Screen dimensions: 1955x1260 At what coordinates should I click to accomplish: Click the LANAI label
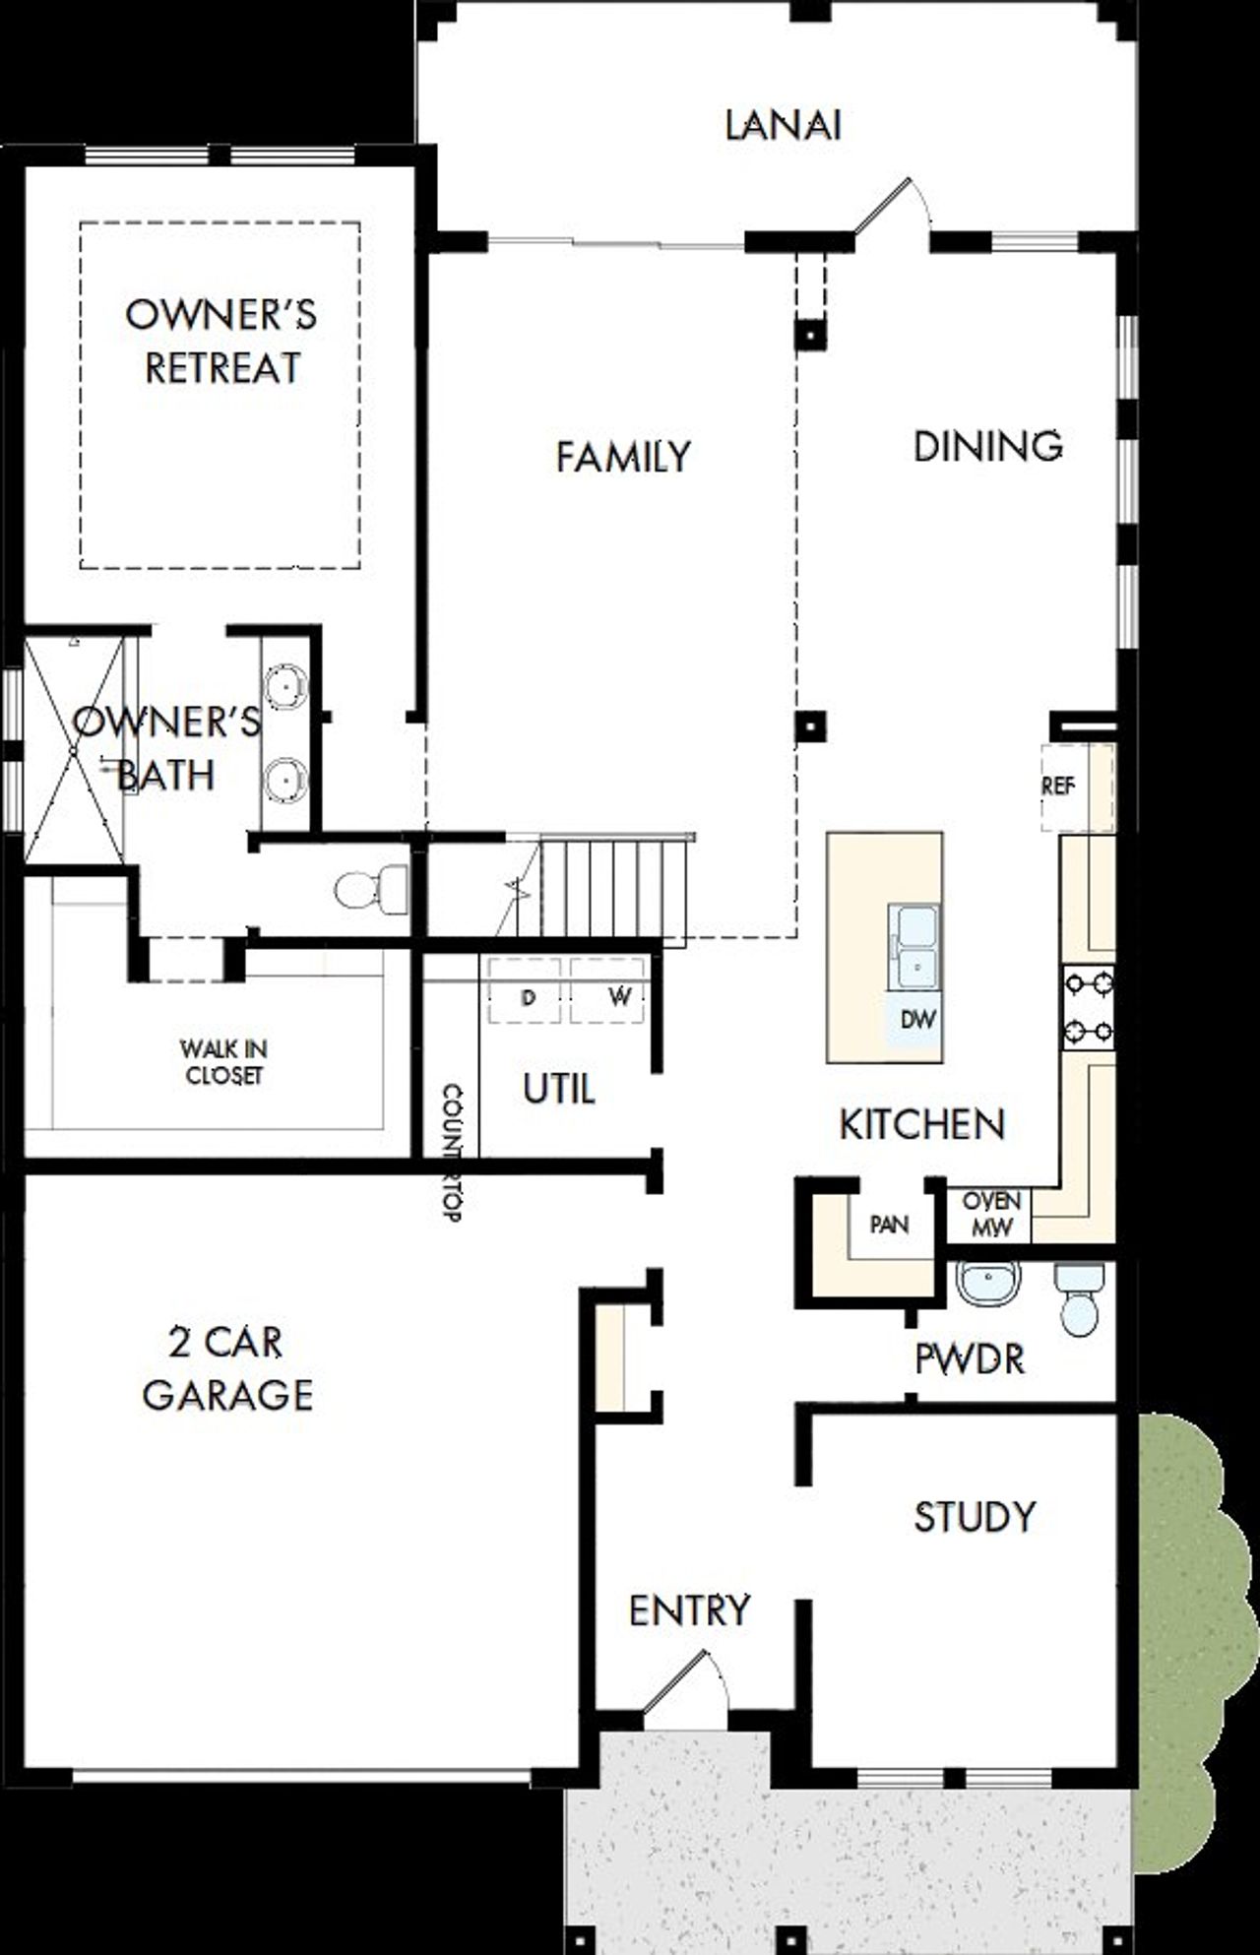tap(783, 126)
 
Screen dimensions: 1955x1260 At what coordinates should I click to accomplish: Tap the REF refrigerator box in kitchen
tap(1059, 787)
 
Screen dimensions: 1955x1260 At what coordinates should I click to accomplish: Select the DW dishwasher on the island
tap(917, 1020)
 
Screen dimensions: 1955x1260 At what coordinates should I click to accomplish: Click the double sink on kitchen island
tap(914, 947)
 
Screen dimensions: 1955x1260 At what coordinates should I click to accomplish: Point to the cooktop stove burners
tap(1088, 1007)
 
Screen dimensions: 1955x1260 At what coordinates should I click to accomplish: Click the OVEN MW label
tap(990, 1215)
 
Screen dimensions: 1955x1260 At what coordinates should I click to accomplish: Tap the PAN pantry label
tap(889, 1225)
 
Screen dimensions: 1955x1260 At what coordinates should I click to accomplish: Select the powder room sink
tap(987, 1283)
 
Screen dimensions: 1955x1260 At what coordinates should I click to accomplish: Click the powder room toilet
tap(1081, 1300)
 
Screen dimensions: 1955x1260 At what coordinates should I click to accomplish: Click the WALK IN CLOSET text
tap(224, 1062)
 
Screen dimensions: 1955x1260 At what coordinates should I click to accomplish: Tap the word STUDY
tap(975, 1517)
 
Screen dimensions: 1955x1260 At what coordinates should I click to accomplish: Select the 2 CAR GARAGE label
tap(227, 1368)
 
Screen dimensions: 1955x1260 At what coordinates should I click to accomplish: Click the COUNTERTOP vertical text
tap(452, 1152)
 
